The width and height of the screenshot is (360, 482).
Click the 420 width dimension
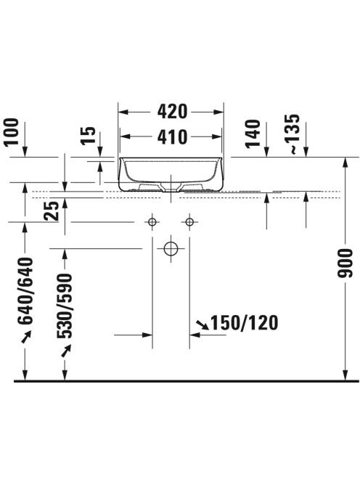(x=172, y=112)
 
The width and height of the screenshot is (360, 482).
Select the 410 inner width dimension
(x=172, y=137)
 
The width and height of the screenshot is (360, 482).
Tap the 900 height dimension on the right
(x=345, y=264)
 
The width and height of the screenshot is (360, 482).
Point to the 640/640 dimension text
(x=25, y=291)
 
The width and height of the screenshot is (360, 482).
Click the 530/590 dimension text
(x=65, y=306)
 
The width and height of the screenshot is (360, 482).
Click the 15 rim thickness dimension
(x=89, y=136)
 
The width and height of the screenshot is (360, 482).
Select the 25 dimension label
(x=52, y=211)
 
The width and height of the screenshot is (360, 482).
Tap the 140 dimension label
(x=253, y=134)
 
